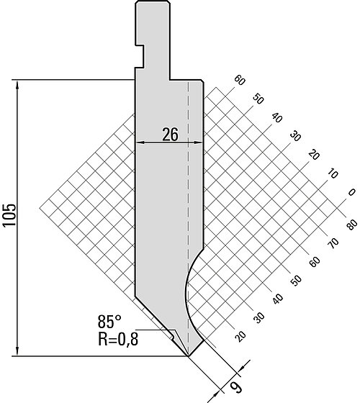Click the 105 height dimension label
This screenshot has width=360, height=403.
9,215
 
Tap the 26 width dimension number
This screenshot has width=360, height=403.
170,135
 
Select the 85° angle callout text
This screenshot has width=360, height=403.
109,322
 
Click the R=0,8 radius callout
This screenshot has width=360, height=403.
118,339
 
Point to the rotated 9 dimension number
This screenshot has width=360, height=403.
236,387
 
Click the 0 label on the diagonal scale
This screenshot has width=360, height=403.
351,192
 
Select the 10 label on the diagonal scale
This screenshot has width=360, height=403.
333,173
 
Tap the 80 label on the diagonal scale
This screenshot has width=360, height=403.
352,225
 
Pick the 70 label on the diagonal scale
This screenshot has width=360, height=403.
333,243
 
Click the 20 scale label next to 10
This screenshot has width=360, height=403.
314,155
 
